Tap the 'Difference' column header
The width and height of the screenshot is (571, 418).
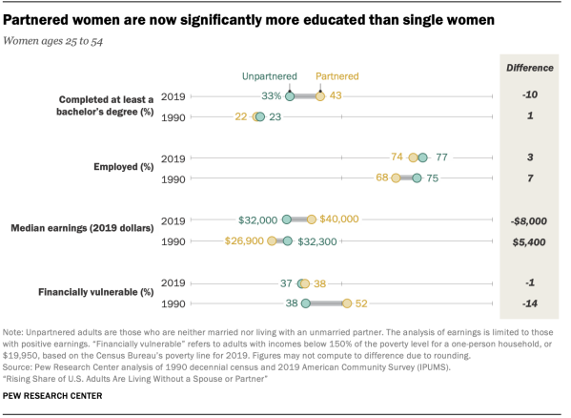[528, 69]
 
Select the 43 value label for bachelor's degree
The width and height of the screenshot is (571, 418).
[336, 95]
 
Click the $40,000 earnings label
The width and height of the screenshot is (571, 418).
[339, 219]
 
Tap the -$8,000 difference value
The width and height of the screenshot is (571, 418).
[528, 219]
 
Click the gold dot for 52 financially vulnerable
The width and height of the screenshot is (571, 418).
[347, 303]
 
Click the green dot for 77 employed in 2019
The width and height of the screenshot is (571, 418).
[422, 157]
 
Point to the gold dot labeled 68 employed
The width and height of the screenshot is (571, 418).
[396, 178]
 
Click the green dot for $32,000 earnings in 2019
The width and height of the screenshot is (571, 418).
[289, 219]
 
